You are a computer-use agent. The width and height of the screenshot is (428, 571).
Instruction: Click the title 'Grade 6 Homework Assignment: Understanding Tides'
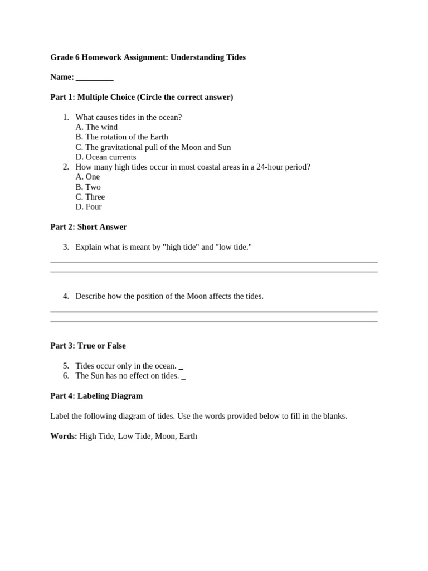tap(148, 57)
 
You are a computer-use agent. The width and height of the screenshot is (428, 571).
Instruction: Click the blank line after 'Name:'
tap(94, 78)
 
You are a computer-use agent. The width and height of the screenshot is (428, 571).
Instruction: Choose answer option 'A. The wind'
tap(96, 127)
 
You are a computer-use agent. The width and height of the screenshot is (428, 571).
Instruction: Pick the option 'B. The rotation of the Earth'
tap(121, 137)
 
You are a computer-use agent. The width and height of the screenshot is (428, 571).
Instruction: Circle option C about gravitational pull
tap(153, 147)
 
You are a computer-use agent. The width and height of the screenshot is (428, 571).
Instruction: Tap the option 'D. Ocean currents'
tap(105, 157)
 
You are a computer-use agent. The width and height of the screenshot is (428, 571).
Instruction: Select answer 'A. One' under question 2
tap(87, 177)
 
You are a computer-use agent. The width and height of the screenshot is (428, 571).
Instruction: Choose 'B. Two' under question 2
tap(88, 187)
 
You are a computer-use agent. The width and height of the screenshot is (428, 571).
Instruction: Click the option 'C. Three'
tap(90, 197)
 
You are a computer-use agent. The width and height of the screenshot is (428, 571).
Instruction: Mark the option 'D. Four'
tap(89, 207)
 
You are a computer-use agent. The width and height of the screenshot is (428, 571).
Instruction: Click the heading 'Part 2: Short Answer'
tap(89, 227)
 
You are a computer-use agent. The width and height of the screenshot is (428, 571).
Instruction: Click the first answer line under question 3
tap(214, 262)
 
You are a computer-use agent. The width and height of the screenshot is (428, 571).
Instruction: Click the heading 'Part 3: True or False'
tap(88, 346)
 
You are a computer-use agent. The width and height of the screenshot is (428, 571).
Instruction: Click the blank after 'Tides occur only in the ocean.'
tap(181, 367)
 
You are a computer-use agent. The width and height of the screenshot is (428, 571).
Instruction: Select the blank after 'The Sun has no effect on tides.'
tap(184, 377)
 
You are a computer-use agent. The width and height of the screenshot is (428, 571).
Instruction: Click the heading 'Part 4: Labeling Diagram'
tap(96, 396)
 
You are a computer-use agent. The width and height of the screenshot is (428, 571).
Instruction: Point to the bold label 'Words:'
tap(64, 436)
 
